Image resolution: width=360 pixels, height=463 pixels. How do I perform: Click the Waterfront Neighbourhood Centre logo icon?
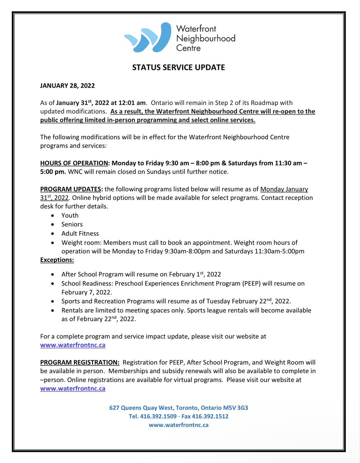click(x=147, y=37)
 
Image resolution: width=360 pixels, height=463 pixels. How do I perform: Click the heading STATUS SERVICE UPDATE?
click(x=178, y=67)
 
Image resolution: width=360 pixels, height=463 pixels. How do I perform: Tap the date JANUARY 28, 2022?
click(x=68, y=86)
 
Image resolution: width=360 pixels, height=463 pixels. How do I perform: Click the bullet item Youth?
click(x=70, y=215)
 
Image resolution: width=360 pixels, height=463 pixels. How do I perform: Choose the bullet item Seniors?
click(x=72, y=224)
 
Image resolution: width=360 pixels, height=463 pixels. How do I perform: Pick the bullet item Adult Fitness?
click(x=80, y=233)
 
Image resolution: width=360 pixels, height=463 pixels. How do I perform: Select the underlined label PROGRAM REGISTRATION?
click(x=80, y=363)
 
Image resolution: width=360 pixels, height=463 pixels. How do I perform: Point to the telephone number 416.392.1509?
click(x=159, y=416)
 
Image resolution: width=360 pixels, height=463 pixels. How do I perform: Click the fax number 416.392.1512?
click(x=213, y=416)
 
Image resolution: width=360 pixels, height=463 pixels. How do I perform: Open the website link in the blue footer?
click(x=179, y=425)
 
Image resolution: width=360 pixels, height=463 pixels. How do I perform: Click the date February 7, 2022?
click(x=84, y=292)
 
